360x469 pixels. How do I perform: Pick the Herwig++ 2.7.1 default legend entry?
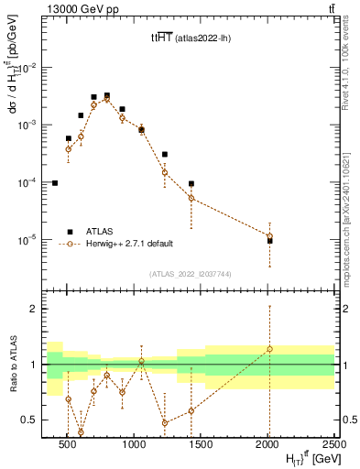[128, 245]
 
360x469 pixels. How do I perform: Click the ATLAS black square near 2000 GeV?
[269, 241]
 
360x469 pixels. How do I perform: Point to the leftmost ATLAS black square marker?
[55, 183]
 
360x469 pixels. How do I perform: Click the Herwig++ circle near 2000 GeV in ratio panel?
[269, 349]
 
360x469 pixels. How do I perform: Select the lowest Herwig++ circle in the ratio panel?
[81, 431]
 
